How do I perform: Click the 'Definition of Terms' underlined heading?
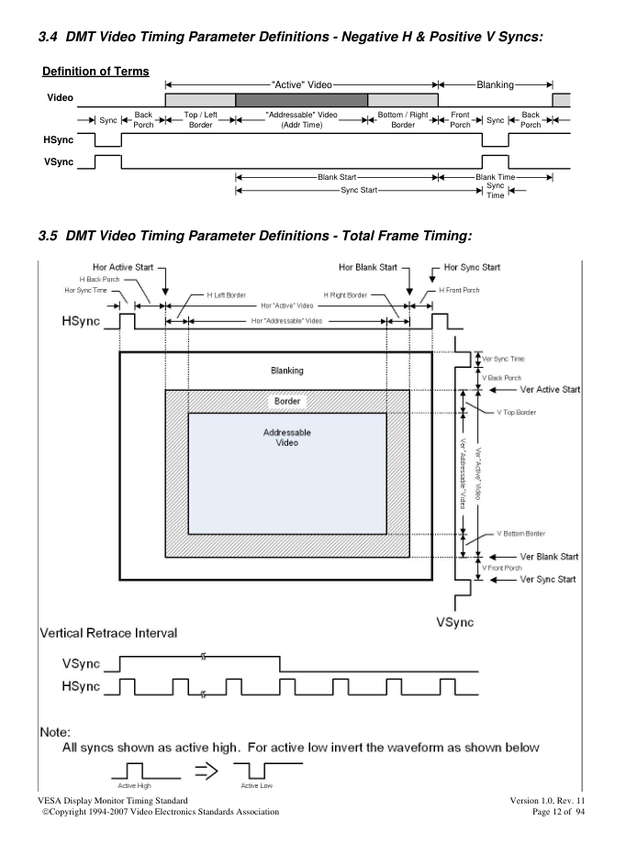(x=95, y=72)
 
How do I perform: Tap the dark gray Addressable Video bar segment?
(x=301, y=100)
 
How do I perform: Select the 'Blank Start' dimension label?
(x=337, y=177)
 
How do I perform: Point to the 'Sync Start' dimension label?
(x=359, y=190)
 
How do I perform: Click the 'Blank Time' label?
(x=495, y=177)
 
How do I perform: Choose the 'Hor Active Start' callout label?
(x=123, y=267)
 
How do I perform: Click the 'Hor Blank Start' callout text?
(x=368, y=267)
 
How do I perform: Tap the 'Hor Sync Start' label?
(x=472, y=267)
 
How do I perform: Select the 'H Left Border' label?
(x=227, y=295)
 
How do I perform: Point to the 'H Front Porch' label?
(x=459, y=290)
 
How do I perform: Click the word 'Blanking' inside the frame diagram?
(x=286, y=371)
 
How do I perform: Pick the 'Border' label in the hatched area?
(x=287, y=401)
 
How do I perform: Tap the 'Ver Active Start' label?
(x=550, y=389)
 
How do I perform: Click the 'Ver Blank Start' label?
(x=549, y=557)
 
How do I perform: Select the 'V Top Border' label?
(x=516, y=413)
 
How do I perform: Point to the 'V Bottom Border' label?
(x=520, y=534)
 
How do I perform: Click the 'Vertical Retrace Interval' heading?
(x=108, y=633)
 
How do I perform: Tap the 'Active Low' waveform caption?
(x=257, y=785)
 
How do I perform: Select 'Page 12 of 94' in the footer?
(x=558, y=812)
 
